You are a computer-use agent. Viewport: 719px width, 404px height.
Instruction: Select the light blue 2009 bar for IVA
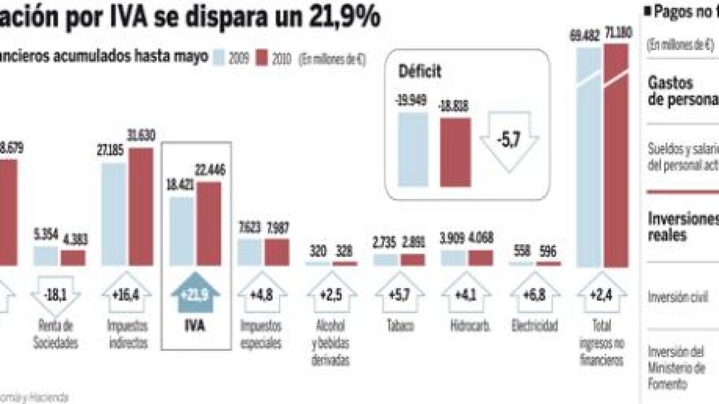point(182,231)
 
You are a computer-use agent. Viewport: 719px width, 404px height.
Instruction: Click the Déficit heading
point(419,72)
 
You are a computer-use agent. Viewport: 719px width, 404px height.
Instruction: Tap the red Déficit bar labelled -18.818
point(455,152)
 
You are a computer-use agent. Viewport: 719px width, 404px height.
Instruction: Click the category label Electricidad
point(535,327)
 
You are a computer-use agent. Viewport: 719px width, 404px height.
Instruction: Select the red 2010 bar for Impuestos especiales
point(276,252)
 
